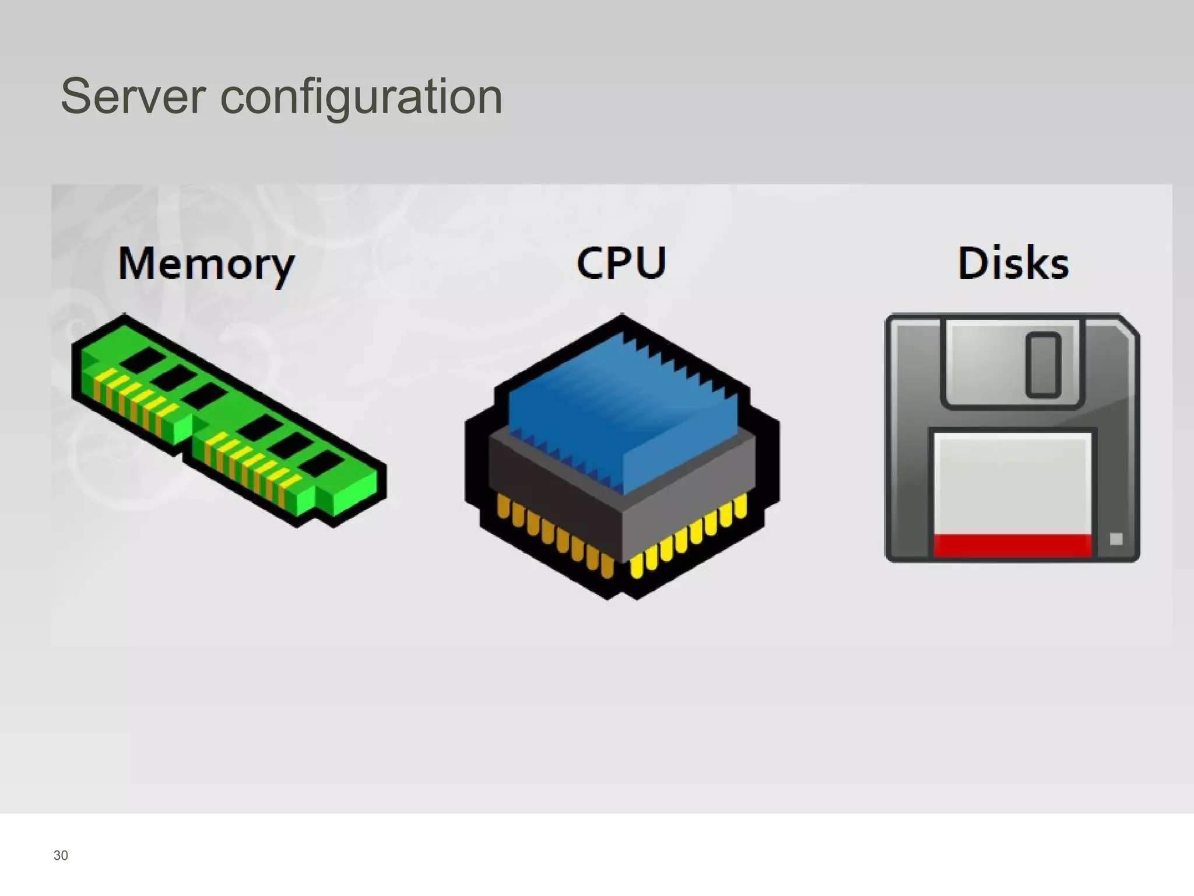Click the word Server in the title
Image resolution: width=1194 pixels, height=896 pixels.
click(133, 96)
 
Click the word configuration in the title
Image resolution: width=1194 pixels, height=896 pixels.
click(361, 97)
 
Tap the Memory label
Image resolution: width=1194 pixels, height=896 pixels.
click(206, 264)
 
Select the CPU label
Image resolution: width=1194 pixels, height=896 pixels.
click(621, 263)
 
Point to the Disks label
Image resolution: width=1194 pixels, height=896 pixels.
click(1013, 263)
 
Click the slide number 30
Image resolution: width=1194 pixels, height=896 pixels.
click(61, 855)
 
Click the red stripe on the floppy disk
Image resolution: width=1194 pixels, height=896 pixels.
click(1012, 545)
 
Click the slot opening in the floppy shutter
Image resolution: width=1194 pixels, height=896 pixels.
click(1043, 365)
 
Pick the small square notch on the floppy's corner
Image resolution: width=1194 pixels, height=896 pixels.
click(1116, 539)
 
